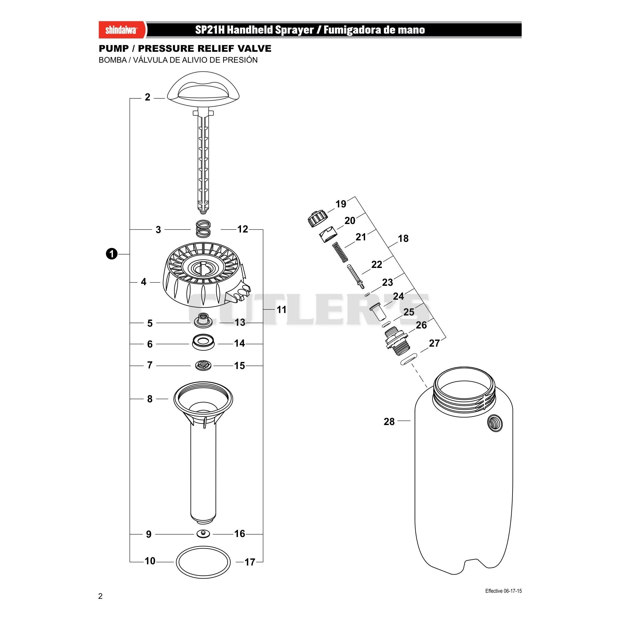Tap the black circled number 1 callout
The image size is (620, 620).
pos(111,254)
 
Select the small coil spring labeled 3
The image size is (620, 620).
pos(203,229)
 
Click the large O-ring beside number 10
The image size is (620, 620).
pos(176,562)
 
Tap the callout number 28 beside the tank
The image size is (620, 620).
pos(389,421)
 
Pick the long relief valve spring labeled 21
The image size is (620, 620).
pos(341,252)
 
